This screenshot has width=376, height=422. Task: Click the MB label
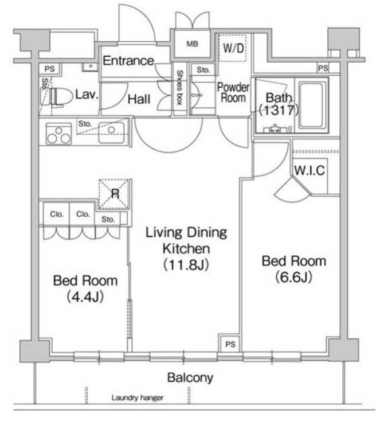point(192,44)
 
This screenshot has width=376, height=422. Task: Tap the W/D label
point(233,48)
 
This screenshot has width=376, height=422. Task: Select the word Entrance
point(128,61)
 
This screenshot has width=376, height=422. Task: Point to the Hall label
point(139,99)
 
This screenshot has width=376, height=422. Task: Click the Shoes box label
point(179,88)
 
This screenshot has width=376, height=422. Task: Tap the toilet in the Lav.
point(57,97)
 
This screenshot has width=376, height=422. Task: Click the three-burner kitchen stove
point(59,134)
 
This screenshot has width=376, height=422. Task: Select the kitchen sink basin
point(111,132)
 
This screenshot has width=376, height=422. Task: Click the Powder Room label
point(233,92)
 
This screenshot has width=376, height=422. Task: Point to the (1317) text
point(279,110)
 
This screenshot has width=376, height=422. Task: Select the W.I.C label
point(310,170)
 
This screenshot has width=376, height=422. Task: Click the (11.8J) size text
point(186,264)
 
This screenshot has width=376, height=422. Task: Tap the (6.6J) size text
point(293,277)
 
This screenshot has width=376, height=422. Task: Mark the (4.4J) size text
point(85,296)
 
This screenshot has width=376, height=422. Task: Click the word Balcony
point(190,378)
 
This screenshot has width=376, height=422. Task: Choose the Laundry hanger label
point(138,397)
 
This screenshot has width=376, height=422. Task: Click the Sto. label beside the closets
point(108,220)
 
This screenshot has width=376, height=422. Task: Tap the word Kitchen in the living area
point(186,249)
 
